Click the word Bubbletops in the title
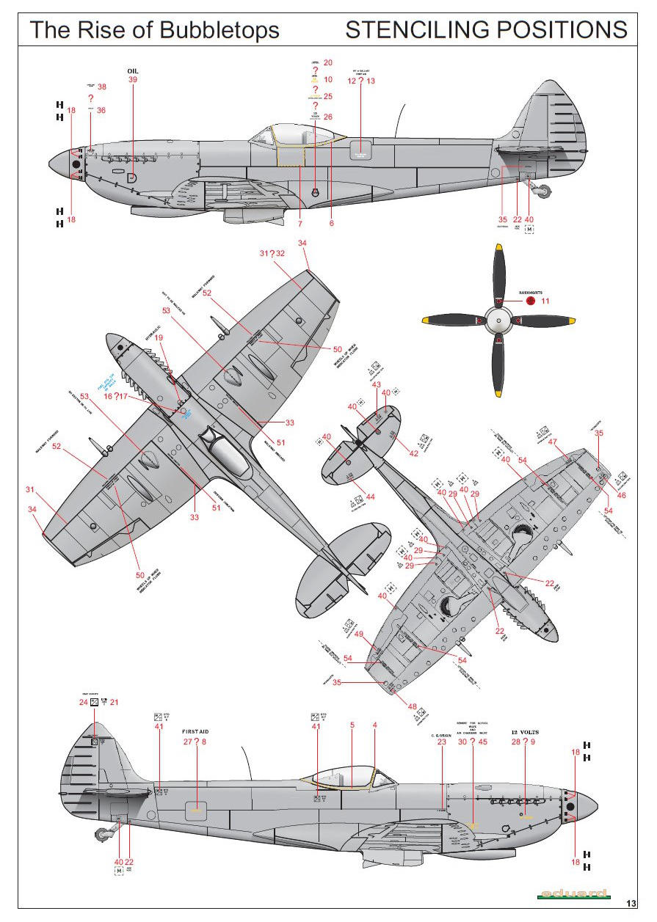219,30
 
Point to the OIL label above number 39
133,71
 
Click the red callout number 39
133,80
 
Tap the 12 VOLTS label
525,732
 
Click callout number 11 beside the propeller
545,301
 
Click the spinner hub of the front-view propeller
498,320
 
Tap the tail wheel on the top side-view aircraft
545,193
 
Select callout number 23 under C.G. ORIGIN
441,742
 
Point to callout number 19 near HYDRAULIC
158,337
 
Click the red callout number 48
412,706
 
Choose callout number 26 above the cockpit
327,117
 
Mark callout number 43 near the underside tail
377,385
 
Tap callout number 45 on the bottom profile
482,742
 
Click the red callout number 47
553,442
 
